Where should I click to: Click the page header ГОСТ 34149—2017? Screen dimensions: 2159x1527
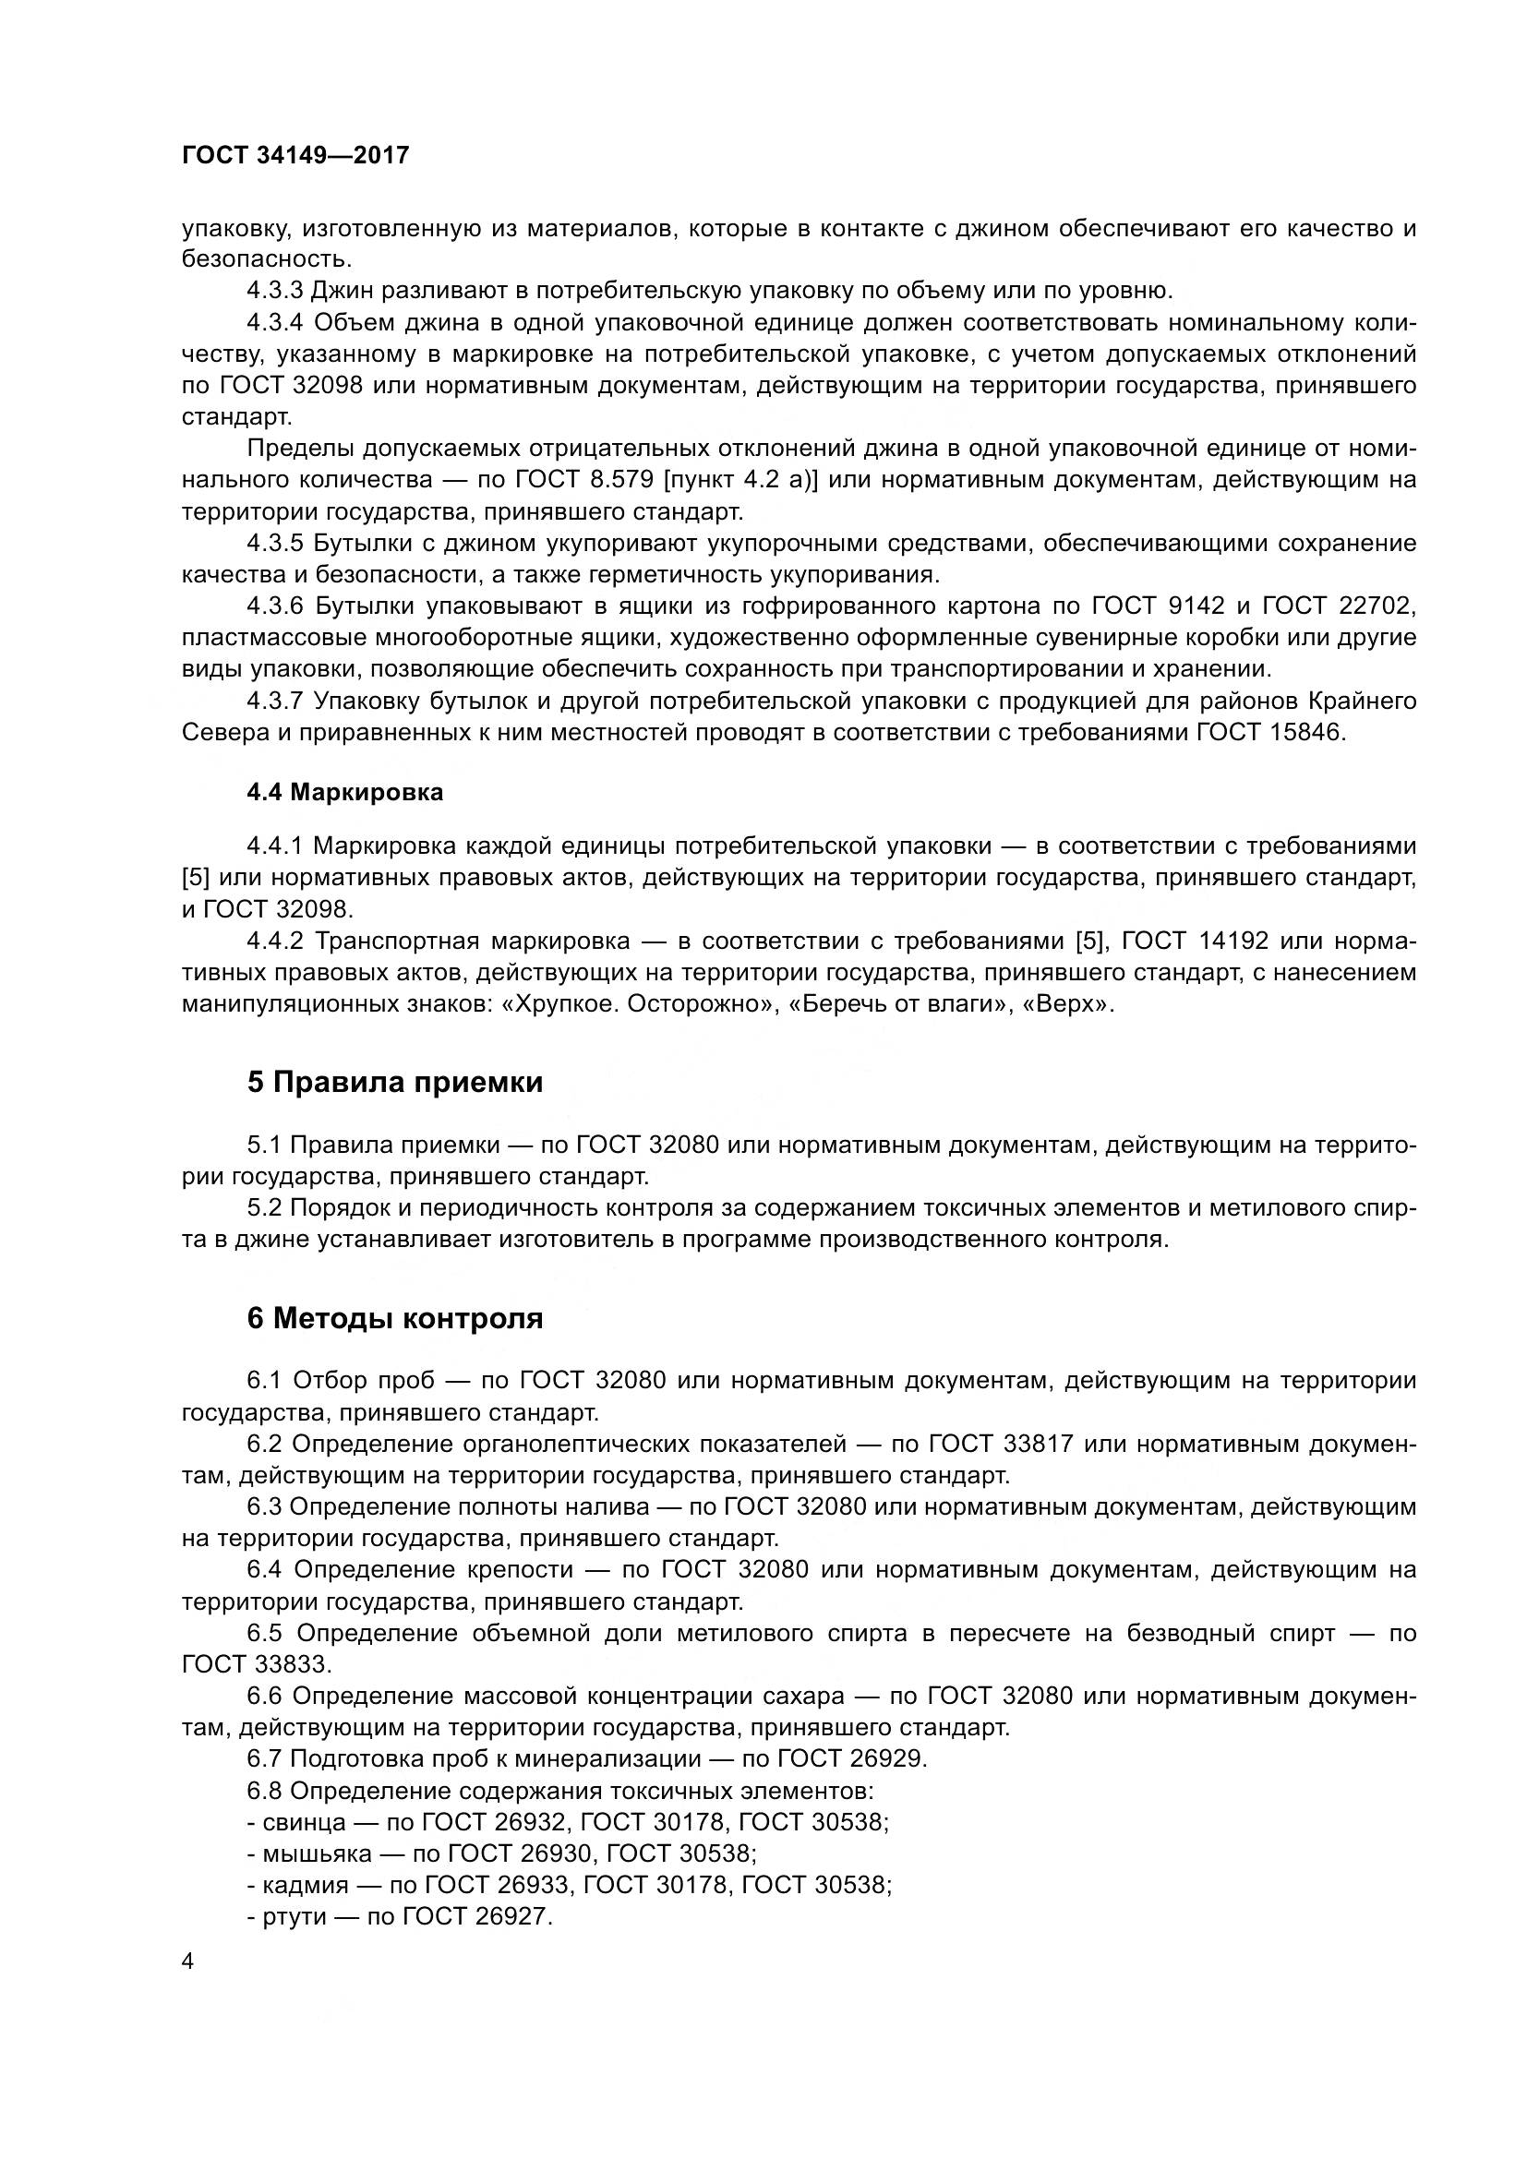tap(295, 156)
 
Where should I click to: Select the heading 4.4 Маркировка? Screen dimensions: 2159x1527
tap(344, 793)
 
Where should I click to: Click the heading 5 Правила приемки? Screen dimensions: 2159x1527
tap(395, 1083)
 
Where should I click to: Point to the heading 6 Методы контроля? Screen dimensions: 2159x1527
tap(395, 1318)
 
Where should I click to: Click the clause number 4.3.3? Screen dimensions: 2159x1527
tap(274, 291)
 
